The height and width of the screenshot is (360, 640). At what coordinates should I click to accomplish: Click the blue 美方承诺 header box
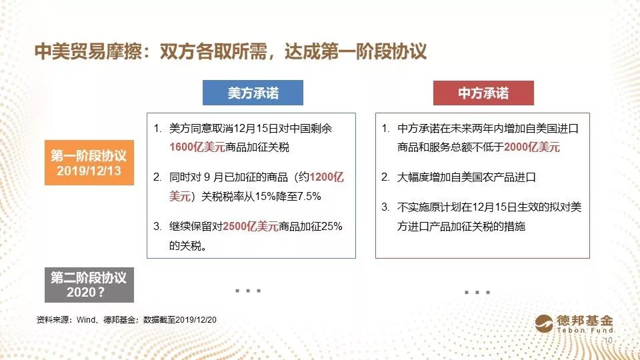(x=253, y=93)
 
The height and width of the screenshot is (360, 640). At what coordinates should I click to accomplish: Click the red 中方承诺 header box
(x=483, y=93)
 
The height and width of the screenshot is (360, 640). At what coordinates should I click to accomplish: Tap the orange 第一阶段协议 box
(x=89, y=163)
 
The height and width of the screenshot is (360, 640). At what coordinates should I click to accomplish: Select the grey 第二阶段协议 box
(x=89, y=285)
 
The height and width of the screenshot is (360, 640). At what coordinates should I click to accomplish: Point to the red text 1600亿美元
(x=197, y=147)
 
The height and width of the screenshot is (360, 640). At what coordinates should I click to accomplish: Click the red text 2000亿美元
(x=532, y=147)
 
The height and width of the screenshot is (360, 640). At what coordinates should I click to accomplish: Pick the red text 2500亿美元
(x=251, y=226)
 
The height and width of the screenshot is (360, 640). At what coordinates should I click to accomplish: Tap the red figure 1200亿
(x=327, y=177)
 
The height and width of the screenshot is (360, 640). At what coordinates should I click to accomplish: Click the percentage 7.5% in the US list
(x=309, y=196)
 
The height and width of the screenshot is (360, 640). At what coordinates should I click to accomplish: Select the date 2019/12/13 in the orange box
(x=89, y=171)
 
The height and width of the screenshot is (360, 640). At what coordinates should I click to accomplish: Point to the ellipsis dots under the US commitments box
(x=248, y=291)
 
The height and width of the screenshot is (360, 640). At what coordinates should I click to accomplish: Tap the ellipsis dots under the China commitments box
(x=477, y=292)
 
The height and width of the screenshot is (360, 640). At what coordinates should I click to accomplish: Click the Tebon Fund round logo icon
(x=544, y=324)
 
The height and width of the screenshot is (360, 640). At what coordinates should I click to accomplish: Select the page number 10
(x=608, y=341)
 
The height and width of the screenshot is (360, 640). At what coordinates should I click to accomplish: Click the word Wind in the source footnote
(x=86, y=320)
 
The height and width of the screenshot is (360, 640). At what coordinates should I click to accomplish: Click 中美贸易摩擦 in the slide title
(x=89, y=52)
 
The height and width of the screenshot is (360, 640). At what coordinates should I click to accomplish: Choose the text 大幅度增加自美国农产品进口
(x=466, y=177)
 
